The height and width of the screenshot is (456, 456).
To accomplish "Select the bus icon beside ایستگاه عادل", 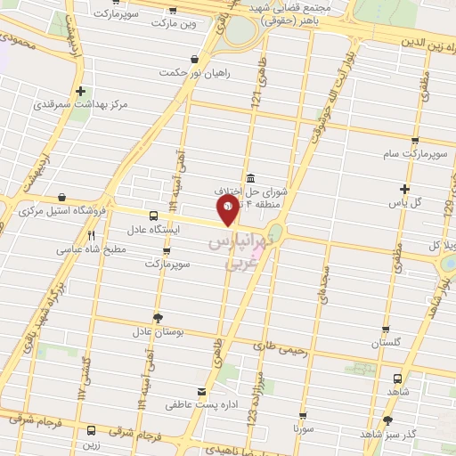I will click(154, 216).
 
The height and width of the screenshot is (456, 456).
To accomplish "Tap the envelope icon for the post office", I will click(201, 392).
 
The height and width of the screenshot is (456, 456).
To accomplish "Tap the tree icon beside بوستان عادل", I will click(158, 317).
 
